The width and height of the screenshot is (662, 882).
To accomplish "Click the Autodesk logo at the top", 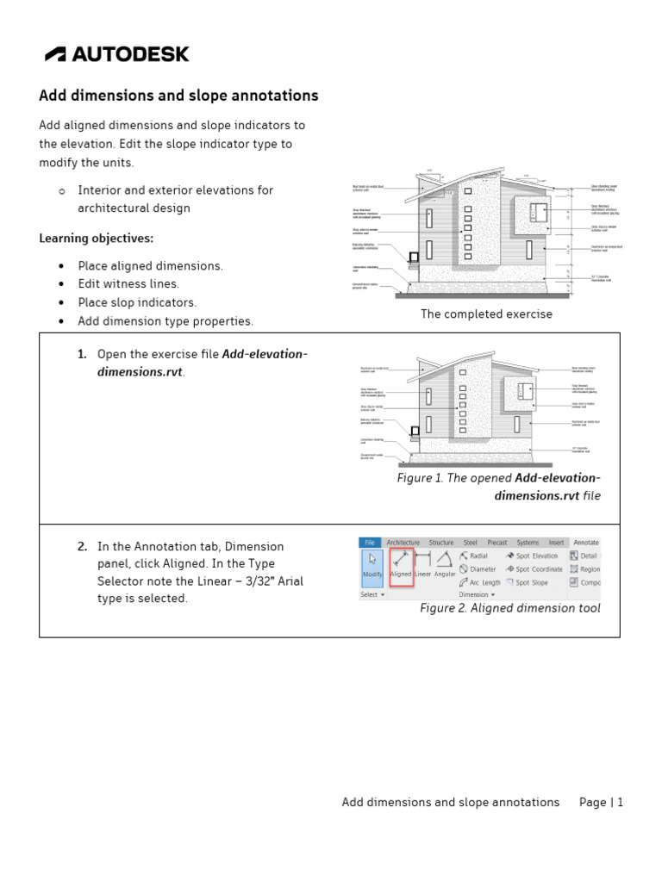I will (117, 54).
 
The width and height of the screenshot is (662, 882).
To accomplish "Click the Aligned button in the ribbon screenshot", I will (401, 563).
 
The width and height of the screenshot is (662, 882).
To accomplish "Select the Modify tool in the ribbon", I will (372, 563).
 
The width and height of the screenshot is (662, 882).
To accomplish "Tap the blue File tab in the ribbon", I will (370, 543).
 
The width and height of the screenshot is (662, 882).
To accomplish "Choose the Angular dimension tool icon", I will (445, 563).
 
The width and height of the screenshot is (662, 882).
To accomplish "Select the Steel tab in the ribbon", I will (470, 543).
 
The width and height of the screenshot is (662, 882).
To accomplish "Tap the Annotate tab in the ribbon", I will (585, 543).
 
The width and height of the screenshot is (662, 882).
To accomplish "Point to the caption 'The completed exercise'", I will (486, 314).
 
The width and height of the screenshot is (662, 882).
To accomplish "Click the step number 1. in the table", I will (82, 354).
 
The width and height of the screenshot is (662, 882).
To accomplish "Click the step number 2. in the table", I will (82, 546).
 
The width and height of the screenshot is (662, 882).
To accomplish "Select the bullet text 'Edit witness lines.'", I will (128, 284).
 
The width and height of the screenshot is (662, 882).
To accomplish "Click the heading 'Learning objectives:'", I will (96, 239).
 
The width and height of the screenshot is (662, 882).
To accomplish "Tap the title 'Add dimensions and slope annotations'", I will (178, 96).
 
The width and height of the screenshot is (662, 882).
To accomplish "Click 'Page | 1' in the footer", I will (601, 802).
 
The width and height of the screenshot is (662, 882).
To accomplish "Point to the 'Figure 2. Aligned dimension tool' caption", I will (509, 608).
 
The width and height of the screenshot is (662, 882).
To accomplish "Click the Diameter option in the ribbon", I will (479, 569).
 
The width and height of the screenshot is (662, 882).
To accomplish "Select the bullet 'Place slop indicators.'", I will (137, 302).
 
